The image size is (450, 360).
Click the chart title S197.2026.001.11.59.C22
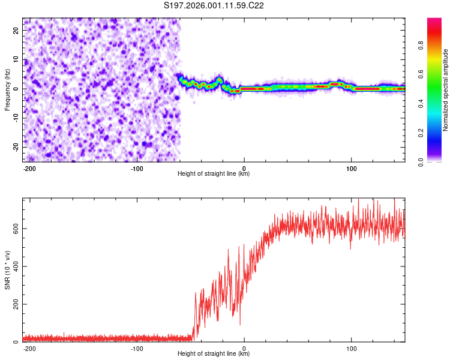(214, 6)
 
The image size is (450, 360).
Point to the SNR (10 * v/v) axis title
(8, 270)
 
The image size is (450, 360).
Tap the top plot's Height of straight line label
(214, 173)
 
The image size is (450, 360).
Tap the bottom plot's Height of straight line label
(214, 353)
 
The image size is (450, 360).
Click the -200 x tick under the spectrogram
(29, 167)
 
